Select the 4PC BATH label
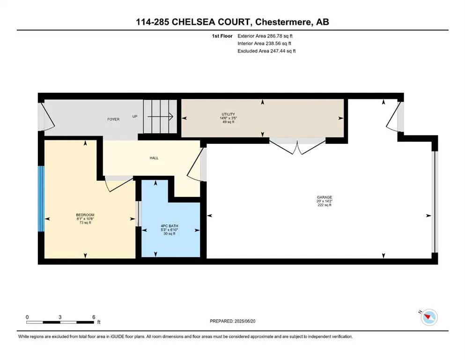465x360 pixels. tap(169, 226)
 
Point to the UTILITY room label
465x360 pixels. tap(229, 114)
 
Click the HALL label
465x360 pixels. tap(154, 158)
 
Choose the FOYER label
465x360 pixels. tap(113, 120)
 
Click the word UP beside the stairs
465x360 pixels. tap(135, 116)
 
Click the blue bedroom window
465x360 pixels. tap(41, 198)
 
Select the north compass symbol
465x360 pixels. tap(428, 317)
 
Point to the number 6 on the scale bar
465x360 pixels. tap(94, 317)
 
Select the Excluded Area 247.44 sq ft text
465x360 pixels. tap(266, 51)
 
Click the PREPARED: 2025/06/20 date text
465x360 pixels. tap(232, 321)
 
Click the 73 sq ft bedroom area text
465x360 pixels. tap(85, 222)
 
